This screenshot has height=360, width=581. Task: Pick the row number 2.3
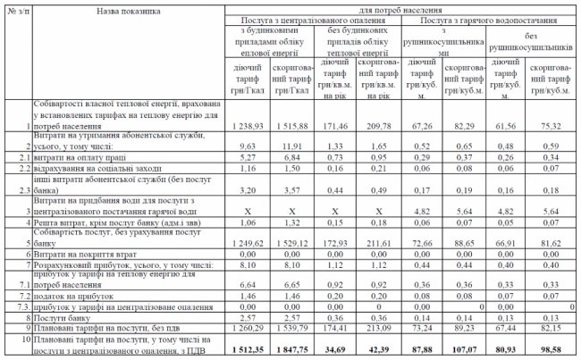coord(13,189)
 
